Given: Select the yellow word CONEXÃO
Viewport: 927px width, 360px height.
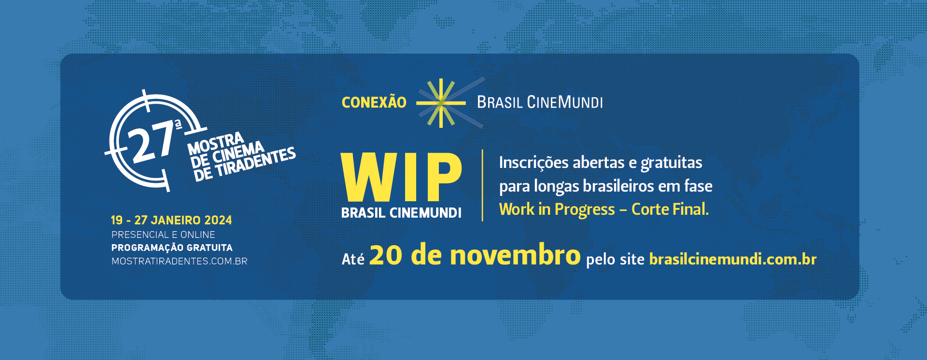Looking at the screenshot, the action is (x=374, y=102).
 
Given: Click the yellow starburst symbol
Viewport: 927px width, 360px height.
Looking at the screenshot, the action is (x=441, y=103).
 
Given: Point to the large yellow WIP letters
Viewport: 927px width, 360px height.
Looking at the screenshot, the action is (x=401, y=177).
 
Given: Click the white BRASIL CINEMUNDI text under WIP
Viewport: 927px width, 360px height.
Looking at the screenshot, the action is (x=401, y=213).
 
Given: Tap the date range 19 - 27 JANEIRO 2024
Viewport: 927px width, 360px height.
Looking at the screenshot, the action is (x=171, y=221).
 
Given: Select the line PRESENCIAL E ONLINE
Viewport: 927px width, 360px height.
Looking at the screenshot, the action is (x=163, y=235).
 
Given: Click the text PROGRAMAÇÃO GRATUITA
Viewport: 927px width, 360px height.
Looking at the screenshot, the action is (x=172, y=248).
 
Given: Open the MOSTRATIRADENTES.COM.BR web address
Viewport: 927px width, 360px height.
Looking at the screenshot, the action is (x=180, y=261).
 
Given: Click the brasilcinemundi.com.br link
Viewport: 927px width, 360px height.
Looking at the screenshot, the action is (x=733, y=259).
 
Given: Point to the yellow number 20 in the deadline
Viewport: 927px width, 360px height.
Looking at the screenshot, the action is (x=386, y=255).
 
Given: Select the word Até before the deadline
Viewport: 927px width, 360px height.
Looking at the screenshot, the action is (x=353, y=259).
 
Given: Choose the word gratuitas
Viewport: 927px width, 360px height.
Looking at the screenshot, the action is (x=672, y=163).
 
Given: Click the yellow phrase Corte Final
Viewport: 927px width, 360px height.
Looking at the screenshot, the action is (x=670, y=209).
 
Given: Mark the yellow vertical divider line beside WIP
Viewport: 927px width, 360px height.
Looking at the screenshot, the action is (x=482, y=185).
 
